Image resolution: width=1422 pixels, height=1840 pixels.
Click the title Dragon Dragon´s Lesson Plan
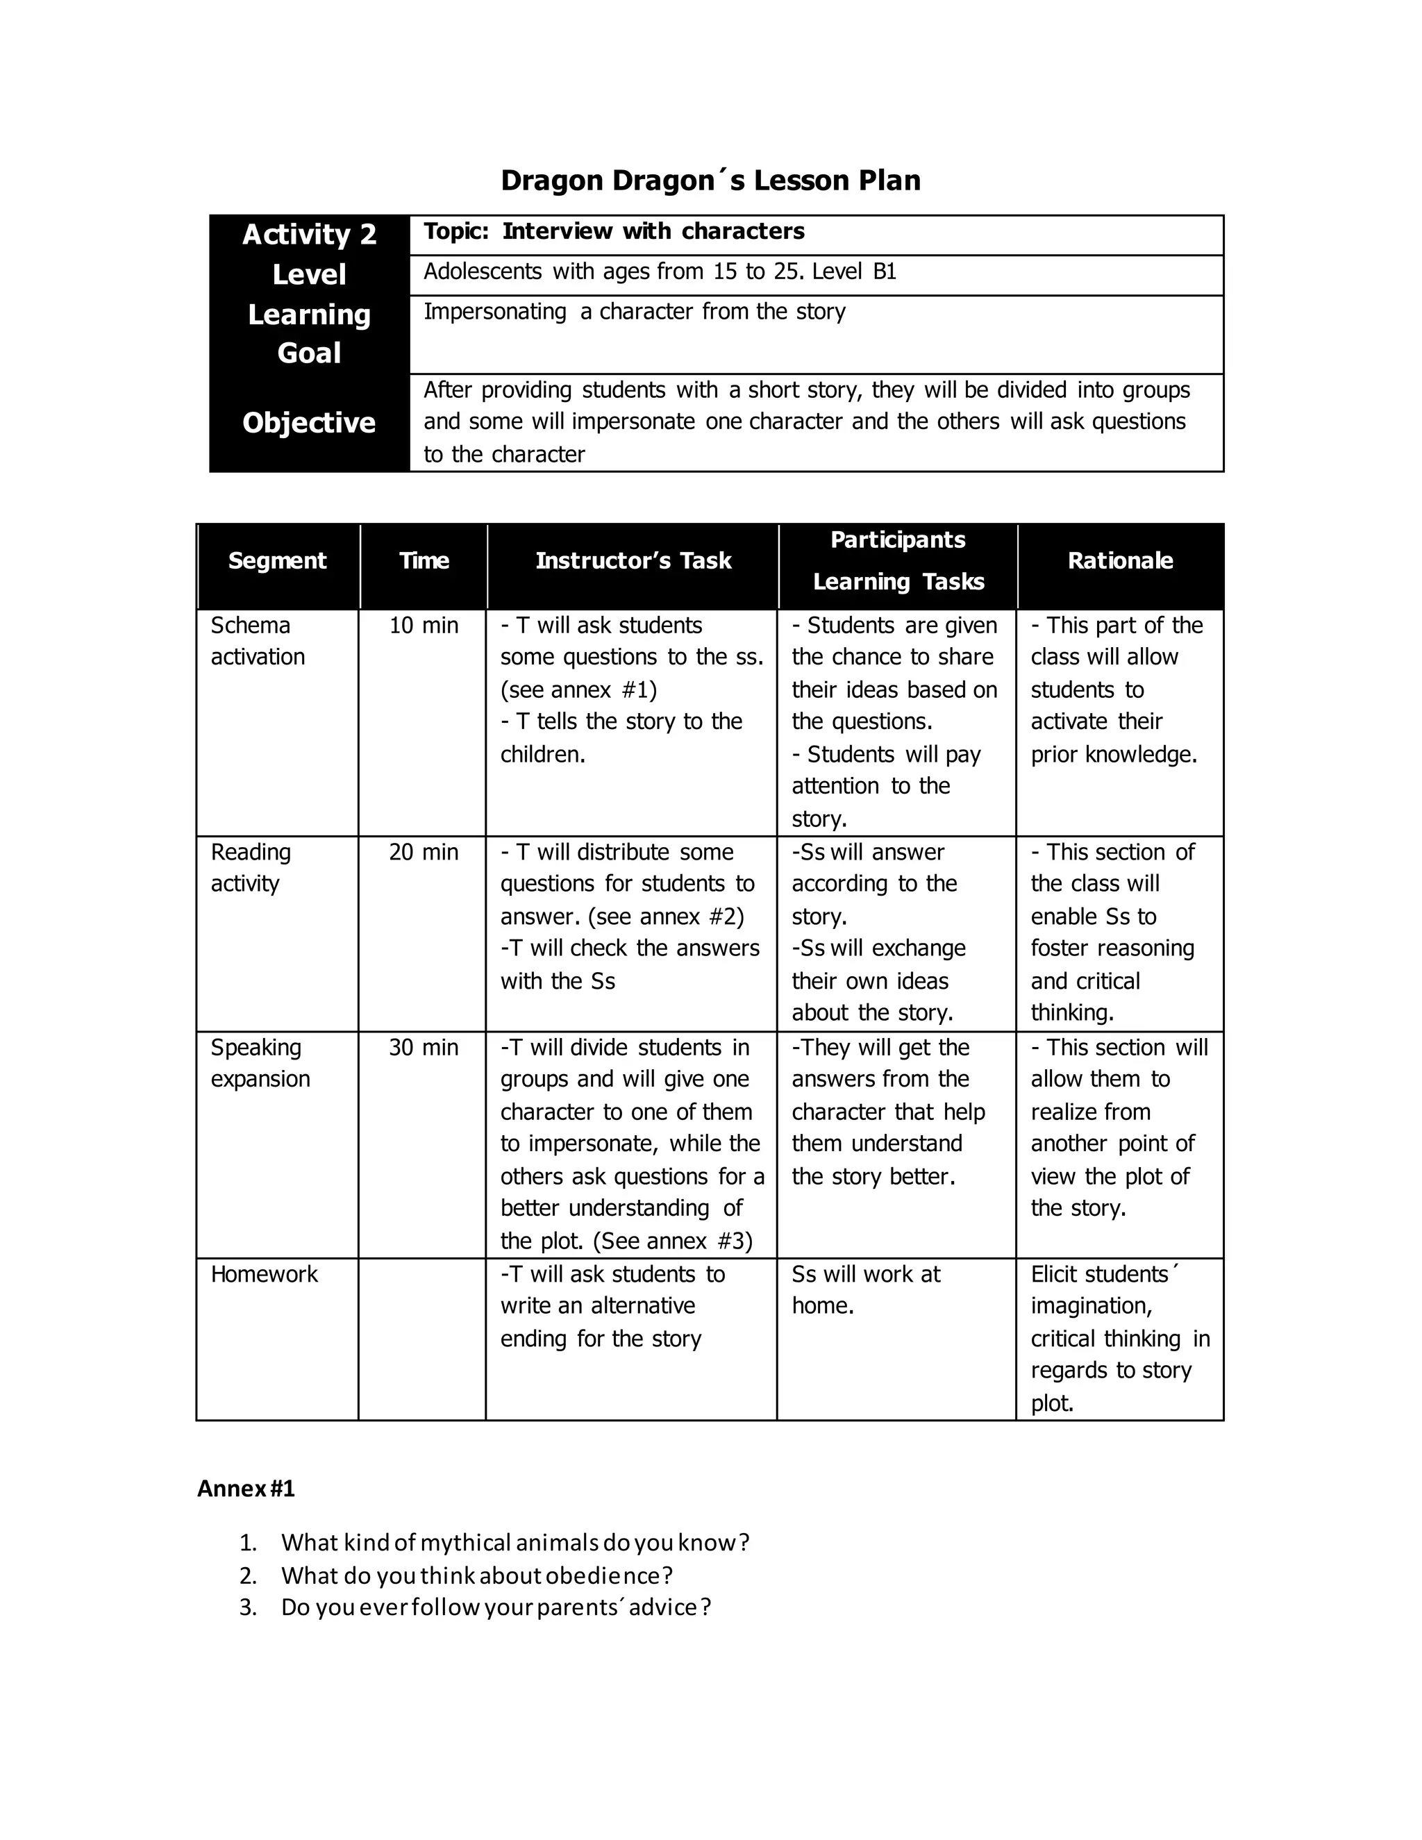(x=710, y=181)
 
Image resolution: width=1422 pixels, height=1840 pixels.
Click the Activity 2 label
(x=309, y=234)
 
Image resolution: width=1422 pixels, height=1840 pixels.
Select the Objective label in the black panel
(x=309, y=422)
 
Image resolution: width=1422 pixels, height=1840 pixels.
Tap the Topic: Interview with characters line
(x=613, y=232)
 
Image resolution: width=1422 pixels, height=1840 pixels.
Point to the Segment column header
(x=277, y=561)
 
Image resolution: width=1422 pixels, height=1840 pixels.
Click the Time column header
(x=424, y=561)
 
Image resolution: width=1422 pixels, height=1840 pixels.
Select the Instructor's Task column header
(x=633, y=561)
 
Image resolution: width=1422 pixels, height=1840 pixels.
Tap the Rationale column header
(x=1119, y=561)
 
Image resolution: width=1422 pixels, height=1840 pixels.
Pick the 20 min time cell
(x=424, y=852)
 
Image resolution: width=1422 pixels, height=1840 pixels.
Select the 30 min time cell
(x=424, y=1047)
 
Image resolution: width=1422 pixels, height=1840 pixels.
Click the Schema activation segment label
(x=257, y=640)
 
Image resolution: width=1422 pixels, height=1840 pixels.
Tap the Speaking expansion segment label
(x=260, y=1063)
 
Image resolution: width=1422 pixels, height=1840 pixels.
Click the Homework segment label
(x=264, y=1274)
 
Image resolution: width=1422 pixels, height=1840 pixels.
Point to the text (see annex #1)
(x=579, y=690)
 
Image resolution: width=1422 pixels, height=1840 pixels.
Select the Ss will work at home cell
(x=865, y=1290)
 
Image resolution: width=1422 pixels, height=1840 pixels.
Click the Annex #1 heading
(x=246, y=1489)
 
